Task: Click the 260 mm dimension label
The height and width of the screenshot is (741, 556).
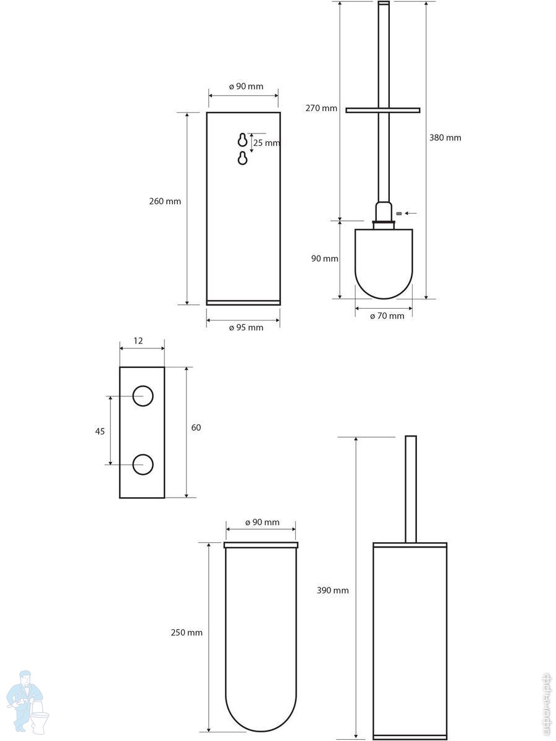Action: click(165, 201)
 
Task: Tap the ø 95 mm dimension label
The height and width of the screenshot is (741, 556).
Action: click(246, 327)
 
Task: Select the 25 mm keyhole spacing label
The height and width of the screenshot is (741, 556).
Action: click(267, 143)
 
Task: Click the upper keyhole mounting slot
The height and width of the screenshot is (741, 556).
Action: click(242, 140)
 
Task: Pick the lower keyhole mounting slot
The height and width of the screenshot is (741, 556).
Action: click(242, 158)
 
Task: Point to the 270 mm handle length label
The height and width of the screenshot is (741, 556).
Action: click(321, 108)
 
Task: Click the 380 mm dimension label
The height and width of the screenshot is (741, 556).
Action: click(445, 138)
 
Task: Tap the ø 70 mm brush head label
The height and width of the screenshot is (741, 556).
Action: click(387, 316)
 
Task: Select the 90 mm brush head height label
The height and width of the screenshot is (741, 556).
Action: click(325, 259)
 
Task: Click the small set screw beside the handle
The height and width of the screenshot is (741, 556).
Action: click(398, 214)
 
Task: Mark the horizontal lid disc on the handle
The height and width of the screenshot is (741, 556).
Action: click(383, 110)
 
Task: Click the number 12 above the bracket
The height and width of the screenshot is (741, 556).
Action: click(138, 341)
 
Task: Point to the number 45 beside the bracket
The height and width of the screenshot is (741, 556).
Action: click(100, 432)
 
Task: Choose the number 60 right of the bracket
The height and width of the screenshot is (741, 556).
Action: click(196, 427)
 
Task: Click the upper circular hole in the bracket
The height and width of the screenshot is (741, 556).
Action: click(143, 396)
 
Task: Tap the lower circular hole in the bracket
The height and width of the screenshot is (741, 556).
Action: click(143, 464)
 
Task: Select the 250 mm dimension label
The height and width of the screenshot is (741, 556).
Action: click(187, 633)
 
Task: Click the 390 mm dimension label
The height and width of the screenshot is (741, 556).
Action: click(333, 590)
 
